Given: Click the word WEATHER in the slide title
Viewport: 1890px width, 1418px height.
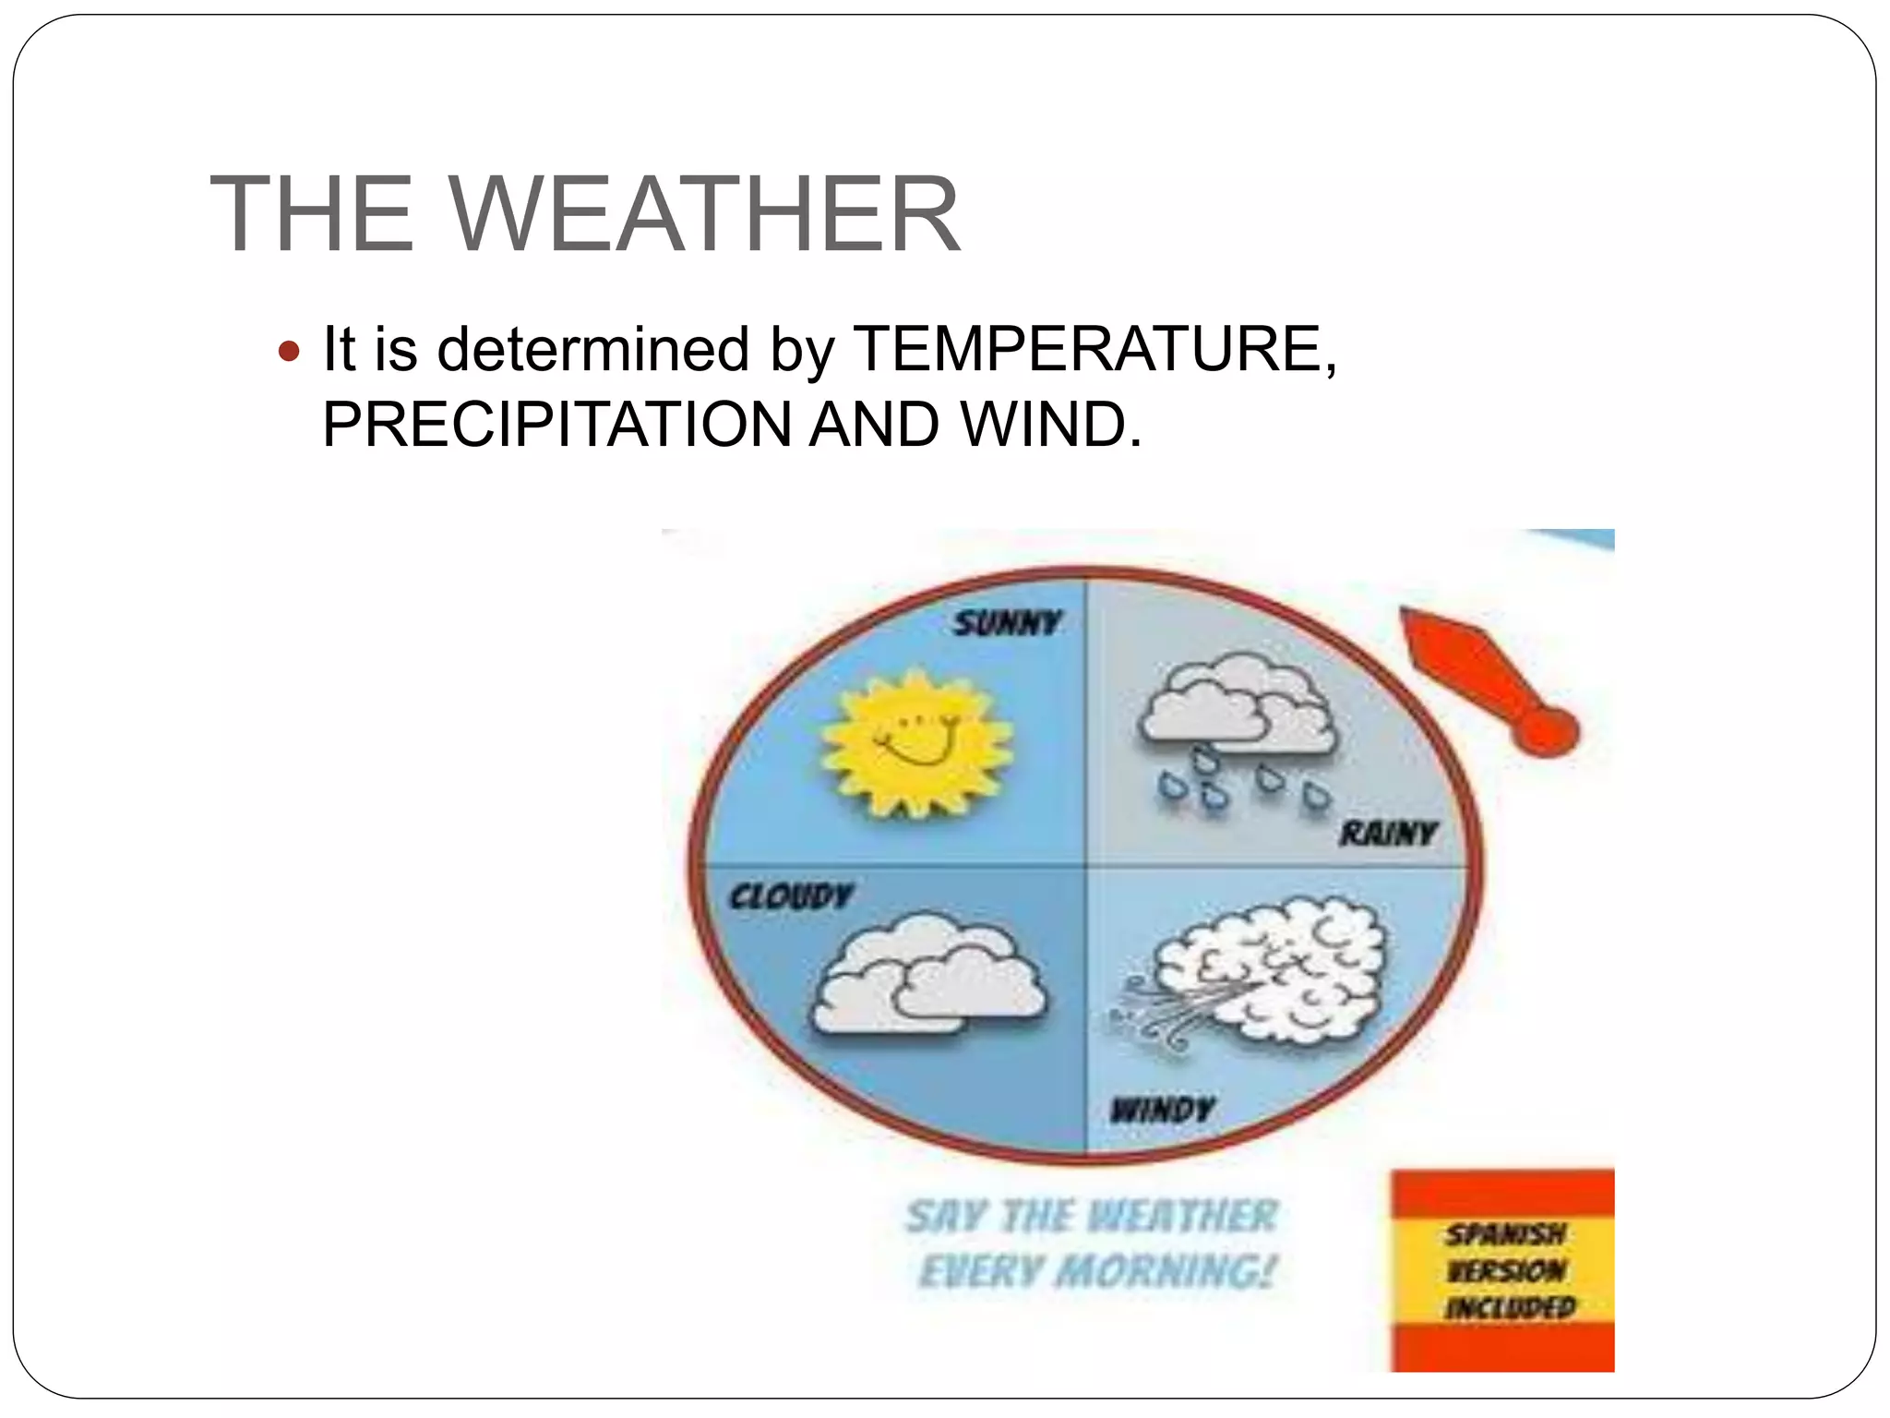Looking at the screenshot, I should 706,214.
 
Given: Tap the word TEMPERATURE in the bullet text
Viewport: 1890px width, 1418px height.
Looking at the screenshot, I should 1094,349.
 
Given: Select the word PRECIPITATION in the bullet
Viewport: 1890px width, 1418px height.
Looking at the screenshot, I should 556,425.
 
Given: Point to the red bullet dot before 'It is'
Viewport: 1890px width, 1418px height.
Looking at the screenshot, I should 289,352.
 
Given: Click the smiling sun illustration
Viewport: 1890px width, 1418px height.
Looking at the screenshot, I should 917,744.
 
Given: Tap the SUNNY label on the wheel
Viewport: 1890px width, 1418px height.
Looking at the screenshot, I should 1007,624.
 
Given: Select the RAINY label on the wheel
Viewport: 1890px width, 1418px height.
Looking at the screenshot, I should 1388,835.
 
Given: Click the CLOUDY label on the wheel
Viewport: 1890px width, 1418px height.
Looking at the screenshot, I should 791,895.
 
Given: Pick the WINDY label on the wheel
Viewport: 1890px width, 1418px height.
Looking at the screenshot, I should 1162,1109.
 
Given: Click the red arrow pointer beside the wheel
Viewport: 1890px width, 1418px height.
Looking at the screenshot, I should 1477,679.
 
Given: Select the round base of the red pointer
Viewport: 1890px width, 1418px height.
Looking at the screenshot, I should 1549,732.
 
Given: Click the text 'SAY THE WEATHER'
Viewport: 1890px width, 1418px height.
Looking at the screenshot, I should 1092,1216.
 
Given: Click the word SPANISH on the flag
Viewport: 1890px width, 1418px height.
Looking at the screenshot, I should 1505,1233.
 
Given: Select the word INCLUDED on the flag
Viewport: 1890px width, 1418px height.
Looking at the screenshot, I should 1510,1307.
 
